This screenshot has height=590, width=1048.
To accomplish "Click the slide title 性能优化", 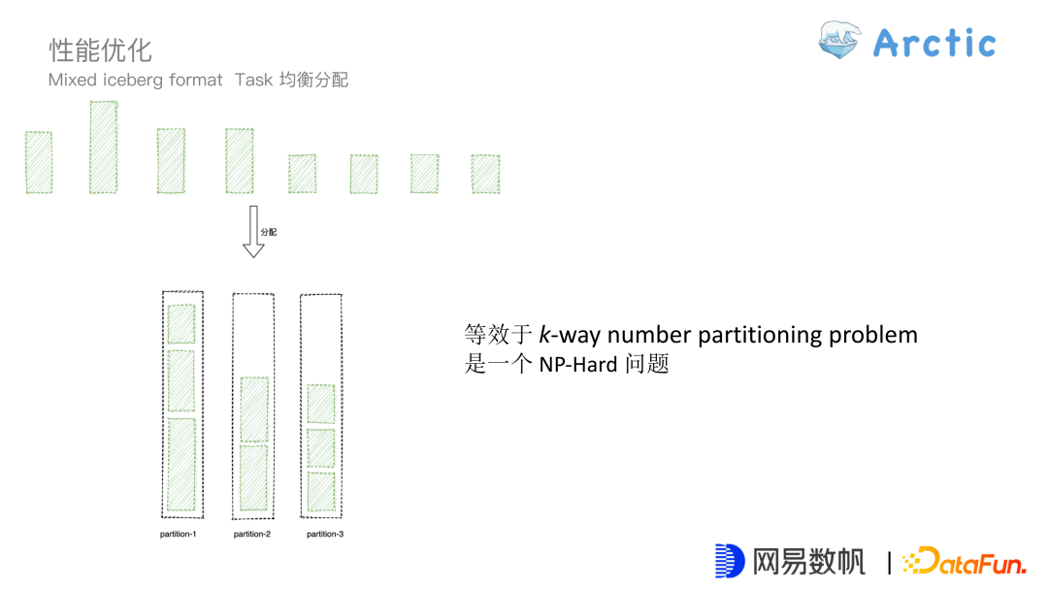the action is click(x=101, y=49).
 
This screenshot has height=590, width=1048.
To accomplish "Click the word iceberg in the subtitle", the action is click(x=136, y=81).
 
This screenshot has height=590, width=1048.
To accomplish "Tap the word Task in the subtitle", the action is click(x=254, y=81).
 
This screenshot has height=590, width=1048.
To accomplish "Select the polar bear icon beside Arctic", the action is click(x=839, y=41).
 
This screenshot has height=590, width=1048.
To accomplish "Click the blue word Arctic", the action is click(x=934, y=43).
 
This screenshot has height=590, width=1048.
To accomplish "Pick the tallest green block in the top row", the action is click(x=103, y=147).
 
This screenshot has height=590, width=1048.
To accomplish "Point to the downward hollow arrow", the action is click(x=253, y=231).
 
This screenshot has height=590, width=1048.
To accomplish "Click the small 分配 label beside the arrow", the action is click(x=269, y=233).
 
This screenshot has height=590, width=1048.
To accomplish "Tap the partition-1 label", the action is click(x=179, y=535).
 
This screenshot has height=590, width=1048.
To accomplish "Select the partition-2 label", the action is click(x=252, y=535).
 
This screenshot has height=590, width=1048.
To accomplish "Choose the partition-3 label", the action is click(x=325, y=535).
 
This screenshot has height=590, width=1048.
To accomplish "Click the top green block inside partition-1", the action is click(x=181, y=324).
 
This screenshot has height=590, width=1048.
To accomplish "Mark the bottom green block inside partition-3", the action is click(x=321, y=491).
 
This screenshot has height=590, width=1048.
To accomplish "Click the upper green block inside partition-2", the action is click(x=254, y=409).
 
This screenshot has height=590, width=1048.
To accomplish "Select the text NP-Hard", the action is click(x=579, y=366).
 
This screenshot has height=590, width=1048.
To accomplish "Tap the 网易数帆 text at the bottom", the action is click(x=808, y=561).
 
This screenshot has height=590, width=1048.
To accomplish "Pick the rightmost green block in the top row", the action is click(x=485, y=174).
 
